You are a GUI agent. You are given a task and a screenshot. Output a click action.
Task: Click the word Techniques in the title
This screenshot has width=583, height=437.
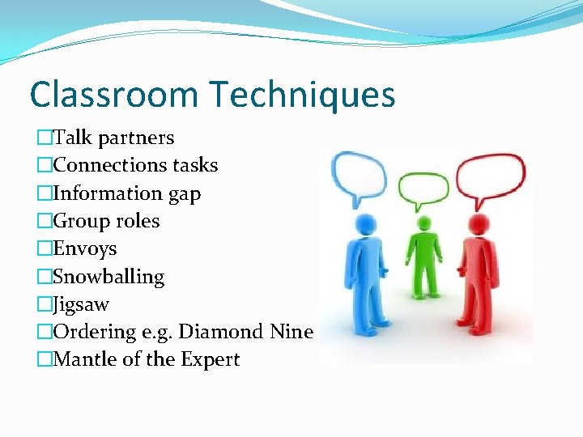pyautogui.click(x=303, y=95)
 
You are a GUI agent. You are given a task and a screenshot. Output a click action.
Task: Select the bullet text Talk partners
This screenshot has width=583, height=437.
pyautogui.click(x=113, y=138)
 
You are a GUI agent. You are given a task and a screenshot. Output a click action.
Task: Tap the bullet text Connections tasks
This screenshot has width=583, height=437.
pyautogui.click(x=135, y=166)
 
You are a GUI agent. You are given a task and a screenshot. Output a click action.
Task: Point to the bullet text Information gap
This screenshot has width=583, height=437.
pyautogui.click(x=127, y=193)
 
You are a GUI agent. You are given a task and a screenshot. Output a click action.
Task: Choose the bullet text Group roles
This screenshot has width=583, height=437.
pyautogui.click(x=106, y=221)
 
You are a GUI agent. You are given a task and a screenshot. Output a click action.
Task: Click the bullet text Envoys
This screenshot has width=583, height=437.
pyautogui.click(x=85, y=248)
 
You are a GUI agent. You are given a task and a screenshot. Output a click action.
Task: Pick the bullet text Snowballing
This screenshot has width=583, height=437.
pyautogui.click(x=109, y=277)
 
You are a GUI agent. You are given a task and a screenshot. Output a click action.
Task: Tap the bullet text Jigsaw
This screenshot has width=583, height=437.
pyautogui.click(x=81, y=305)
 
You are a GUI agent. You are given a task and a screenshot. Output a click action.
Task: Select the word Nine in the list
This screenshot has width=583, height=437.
pyautogui.click(x=291, y=332)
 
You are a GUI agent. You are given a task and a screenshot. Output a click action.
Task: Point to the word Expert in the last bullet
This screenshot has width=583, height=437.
pyautogui.click(x=214, y=359)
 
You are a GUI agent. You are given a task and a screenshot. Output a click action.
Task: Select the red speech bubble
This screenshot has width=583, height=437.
pyautogui.click(x=490, y=175)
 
